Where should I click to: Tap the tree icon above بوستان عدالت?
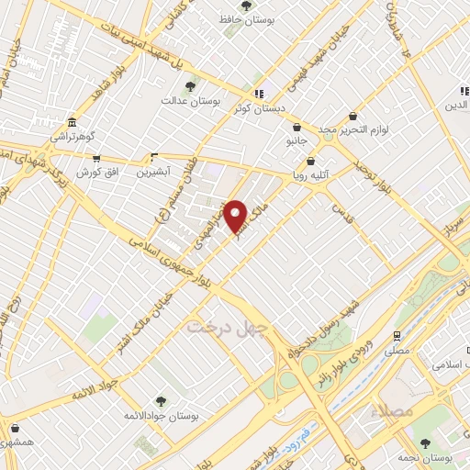click(190, 86)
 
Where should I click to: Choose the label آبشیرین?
click(153, 172)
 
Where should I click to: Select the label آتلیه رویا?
click(312, 174)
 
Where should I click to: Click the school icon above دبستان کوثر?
click(260, 93)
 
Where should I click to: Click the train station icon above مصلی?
click(397, 336)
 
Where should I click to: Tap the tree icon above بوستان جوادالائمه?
click(162, 401)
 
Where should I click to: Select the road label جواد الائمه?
click(95, 389)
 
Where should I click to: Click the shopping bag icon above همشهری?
click(13, 428)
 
